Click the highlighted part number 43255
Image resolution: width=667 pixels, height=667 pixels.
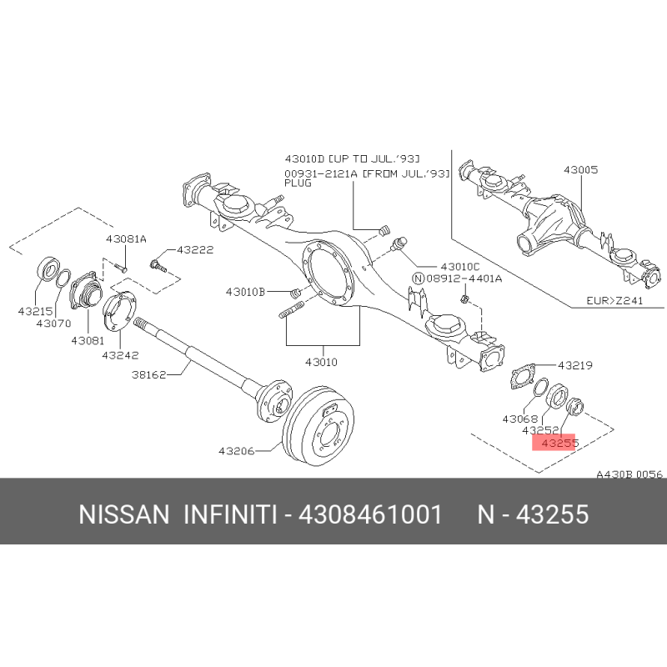click(x=560, y=444)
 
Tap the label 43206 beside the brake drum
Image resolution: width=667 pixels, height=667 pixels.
click(x=237, y=450)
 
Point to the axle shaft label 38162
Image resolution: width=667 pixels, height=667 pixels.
click(x=149, y=374)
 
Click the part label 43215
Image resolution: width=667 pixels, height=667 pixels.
click(x=35, y=311)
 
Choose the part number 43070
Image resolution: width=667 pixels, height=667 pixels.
click(x=53, y=323)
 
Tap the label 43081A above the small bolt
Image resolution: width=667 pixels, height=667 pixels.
click(x=127, y=239)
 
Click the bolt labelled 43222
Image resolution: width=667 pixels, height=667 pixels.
click(x=158, y=267)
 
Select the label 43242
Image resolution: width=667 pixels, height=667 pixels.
click(x=120, y=355)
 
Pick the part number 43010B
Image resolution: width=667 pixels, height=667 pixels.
click(x=245, y=292)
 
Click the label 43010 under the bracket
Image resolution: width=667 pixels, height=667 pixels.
click(x=321, y=362)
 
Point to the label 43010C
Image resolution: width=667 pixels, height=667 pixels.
click(x=460, y=267)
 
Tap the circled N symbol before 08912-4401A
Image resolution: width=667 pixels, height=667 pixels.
click(x=419, y=278)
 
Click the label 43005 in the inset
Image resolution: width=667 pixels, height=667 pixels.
click(x=580, y=170)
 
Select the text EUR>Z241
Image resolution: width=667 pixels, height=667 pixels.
click(x=614, y=300)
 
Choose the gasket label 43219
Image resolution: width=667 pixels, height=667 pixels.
click(x=575, y=365)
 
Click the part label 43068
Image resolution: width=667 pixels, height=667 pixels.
click(x=520, y=419)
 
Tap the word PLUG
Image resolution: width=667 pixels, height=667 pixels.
click(x=298, y=183)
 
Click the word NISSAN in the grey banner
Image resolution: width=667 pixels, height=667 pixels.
click(x=124, y=514)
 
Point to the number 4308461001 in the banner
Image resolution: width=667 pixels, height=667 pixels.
click(x=370, y=514)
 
